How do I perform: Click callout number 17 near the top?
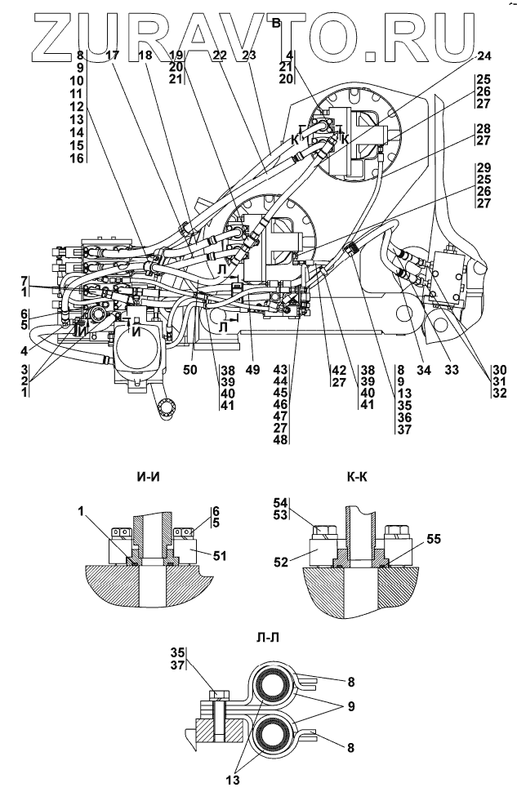(x=112, y=56)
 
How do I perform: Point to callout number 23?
(x=251, y=56)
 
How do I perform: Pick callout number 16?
(x=77, y=156)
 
